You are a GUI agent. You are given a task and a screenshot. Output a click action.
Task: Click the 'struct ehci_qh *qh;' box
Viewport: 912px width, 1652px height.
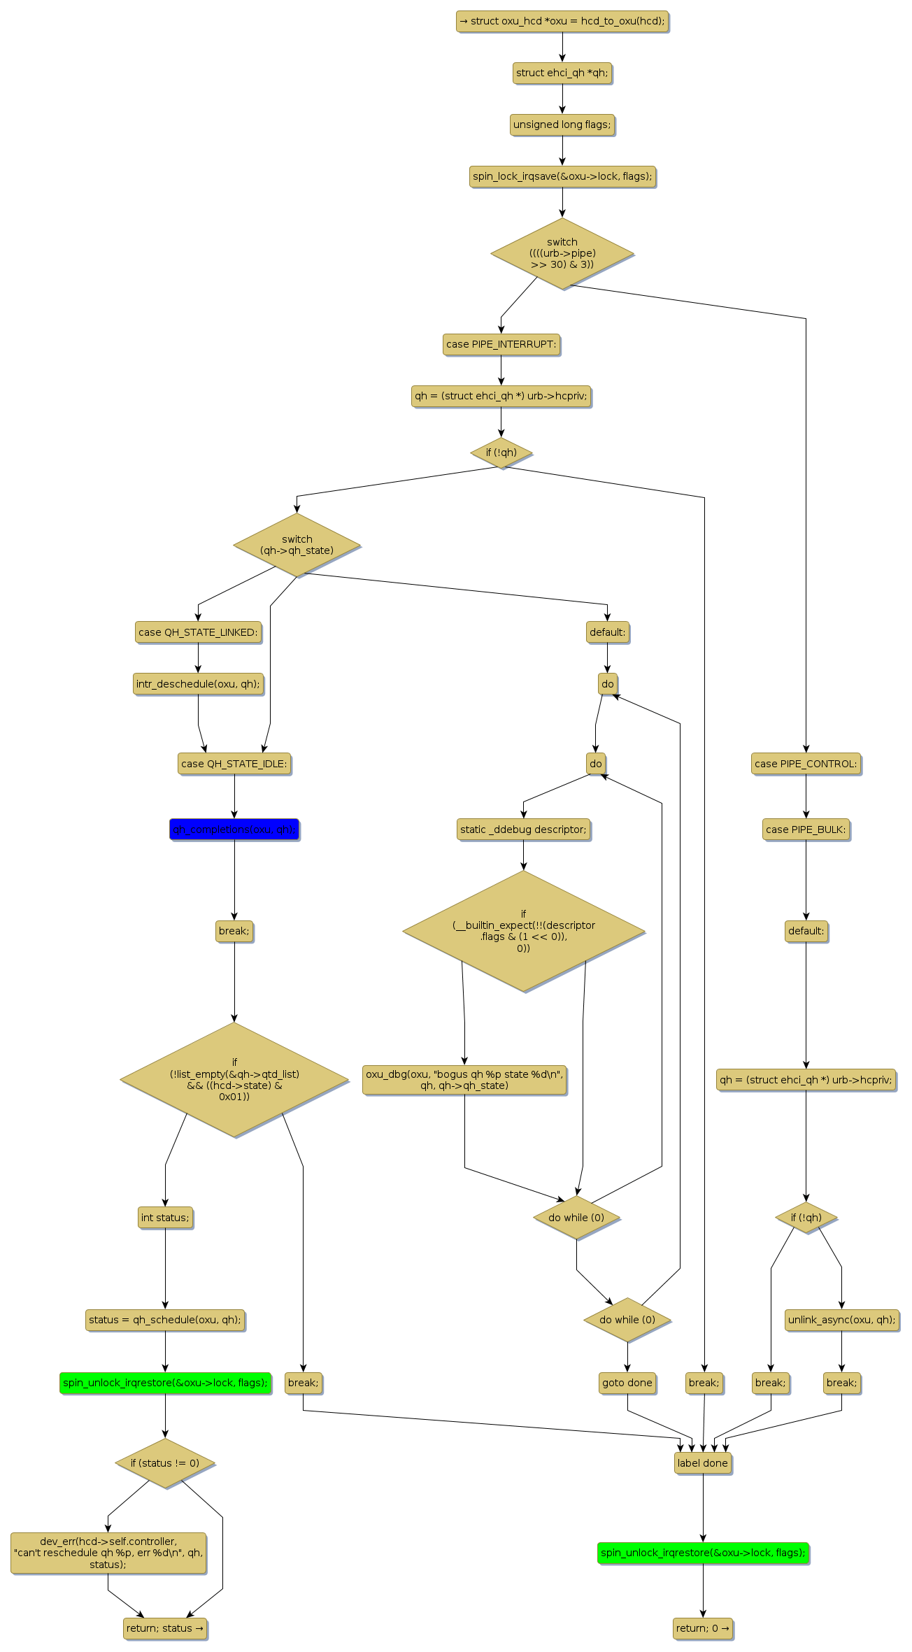pos(562,73)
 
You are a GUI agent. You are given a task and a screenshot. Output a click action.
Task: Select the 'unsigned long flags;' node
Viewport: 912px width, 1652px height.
pos(562,124)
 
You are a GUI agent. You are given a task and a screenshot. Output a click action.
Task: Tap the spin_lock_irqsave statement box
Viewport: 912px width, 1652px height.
pos(562,176)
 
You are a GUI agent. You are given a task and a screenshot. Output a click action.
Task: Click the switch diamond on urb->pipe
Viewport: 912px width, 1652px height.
pos(562,253)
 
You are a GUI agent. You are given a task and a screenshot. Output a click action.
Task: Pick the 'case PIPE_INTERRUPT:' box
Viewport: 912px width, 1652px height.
pos(501,344)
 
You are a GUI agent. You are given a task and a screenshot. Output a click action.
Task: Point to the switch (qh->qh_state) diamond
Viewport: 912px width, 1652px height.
pos(297,545)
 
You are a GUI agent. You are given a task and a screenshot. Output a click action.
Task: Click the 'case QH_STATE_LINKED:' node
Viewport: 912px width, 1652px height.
pos(198,632)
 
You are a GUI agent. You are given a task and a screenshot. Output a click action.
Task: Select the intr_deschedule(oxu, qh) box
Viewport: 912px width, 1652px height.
pos(198,684)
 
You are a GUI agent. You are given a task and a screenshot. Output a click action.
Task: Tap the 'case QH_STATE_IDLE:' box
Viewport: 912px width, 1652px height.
pos(234,764)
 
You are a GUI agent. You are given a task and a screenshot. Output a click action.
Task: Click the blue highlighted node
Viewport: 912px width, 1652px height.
pos(234,829)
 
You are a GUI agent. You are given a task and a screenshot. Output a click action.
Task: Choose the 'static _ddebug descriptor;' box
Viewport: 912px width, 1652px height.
pos(523,829)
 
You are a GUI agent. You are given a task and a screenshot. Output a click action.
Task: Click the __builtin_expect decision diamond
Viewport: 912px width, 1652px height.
pos(523,931)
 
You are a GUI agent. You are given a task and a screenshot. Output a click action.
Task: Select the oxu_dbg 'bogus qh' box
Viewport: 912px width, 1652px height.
pos(464,1080)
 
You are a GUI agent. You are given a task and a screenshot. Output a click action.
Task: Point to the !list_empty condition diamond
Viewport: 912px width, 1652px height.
pos(234,1080)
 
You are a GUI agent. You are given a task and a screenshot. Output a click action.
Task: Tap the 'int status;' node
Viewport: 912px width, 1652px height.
pos(165,1218)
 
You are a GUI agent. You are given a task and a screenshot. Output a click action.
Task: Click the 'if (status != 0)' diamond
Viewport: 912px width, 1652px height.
pos(165,1463)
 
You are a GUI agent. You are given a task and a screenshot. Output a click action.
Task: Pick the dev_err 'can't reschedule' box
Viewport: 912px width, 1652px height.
pos(108,1553)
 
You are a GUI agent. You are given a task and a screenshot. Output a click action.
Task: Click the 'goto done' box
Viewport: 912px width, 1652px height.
pos(627,1383)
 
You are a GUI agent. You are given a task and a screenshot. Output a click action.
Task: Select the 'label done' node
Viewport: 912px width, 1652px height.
pos(702,1463)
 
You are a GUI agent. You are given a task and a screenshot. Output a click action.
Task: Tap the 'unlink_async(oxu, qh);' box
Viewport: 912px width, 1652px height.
pos(841,1320)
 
